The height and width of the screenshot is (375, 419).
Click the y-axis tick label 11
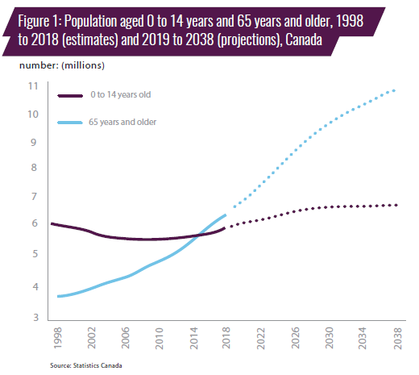click(33, 86)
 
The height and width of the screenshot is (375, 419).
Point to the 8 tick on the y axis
click(34, 168)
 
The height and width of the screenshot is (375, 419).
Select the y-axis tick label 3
click(36, 318)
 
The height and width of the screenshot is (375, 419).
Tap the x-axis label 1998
click(57, 338)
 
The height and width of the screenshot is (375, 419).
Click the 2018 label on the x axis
click(226, 338)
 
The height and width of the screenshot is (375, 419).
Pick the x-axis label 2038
click(397, 338)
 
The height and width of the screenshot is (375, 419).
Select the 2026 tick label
click(295, 338)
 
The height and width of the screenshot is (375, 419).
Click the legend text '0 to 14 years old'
click(121, 94)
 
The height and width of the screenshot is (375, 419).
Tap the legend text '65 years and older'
click(122, 122)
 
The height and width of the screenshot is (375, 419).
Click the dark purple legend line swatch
click(70, 96)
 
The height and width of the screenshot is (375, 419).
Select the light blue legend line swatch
click(70, 123)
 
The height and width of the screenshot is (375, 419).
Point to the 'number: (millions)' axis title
click(62, 65)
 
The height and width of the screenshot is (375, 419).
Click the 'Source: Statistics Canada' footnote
click(86, 365)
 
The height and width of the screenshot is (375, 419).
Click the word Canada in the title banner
click(304, 40)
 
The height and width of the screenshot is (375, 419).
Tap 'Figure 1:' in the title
click(39, 21)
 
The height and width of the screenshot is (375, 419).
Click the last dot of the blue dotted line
click(394, 90)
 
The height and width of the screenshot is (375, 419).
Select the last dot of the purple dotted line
click(396, 205)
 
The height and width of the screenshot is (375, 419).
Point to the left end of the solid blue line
click(58, 296)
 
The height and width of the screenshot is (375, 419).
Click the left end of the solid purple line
click(52, 223)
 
